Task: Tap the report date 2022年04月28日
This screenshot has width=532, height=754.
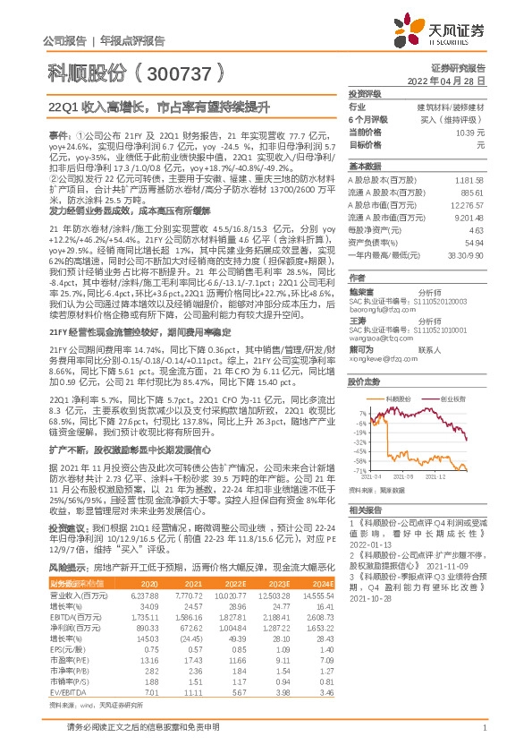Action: (x=454, y=80)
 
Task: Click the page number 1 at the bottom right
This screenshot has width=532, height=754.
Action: (x=483, y=739)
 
